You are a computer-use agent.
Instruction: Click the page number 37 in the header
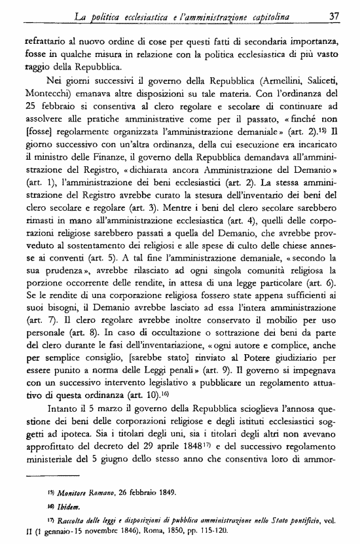pyautogui.click(x=334, y=15)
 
